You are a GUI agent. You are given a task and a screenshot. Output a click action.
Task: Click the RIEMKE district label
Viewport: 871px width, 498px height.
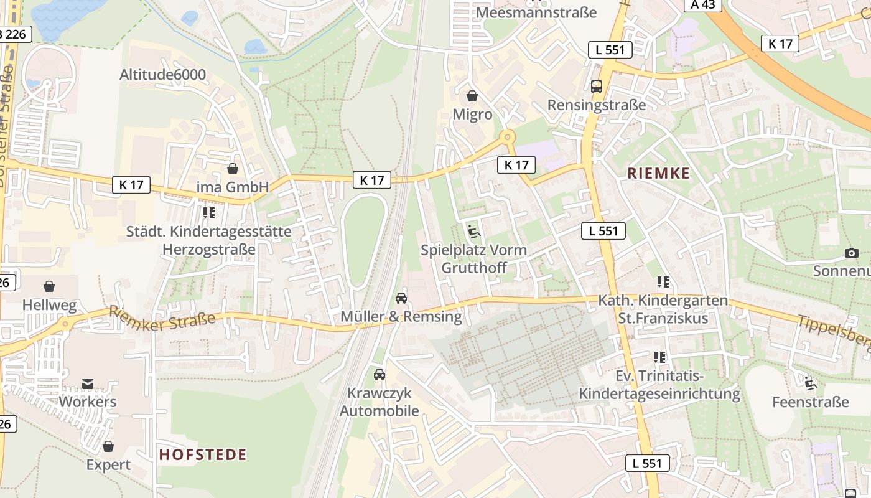point(659,173)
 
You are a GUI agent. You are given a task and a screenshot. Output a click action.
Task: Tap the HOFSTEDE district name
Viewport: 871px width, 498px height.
point(203,454)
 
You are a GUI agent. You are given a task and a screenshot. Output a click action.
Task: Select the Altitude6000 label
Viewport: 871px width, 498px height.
point(162,75)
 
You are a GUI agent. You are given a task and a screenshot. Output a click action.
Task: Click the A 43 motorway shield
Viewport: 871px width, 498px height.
point(702,5)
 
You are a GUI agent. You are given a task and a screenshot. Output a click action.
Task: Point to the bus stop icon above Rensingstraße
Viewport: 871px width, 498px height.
point(597,87)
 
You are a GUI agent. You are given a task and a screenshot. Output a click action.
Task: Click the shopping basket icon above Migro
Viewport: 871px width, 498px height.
point(472,96)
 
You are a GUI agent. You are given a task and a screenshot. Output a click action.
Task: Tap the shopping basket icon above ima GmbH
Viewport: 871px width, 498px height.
point(233,169)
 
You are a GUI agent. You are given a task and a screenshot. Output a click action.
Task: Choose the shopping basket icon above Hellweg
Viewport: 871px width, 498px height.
point(49,286)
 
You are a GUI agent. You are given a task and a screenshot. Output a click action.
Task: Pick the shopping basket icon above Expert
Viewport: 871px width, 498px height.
point(108,446)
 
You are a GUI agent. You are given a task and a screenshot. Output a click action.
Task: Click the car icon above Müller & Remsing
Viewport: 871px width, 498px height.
point(401,298)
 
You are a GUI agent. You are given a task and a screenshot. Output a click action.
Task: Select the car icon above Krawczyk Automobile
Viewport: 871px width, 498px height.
point(379,375)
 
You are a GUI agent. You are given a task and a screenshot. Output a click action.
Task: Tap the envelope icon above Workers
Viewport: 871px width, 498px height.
point(88,383)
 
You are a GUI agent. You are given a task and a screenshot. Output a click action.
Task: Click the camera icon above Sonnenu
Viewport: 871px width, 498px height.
point(852,253)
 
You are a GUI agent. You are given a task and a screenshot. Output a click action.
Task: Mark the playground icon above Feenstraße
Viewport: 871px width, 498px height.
point(810,383)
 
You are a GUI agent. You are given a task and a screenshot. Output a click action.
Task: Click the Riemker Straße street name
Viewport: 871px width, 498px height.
point(162,317)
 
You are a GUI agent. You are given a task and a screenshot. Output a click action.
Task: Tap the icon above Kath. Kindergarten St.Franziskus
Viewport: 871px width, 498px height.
point(663,282)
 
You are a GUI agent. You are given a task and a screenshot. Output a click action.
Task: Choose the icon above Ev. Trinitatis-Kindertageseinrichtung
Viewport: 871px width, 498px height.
point(659,357)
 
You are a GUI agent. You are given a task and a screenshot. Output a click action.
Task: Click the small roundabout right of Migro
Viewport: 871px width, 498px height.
point(508,136)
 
